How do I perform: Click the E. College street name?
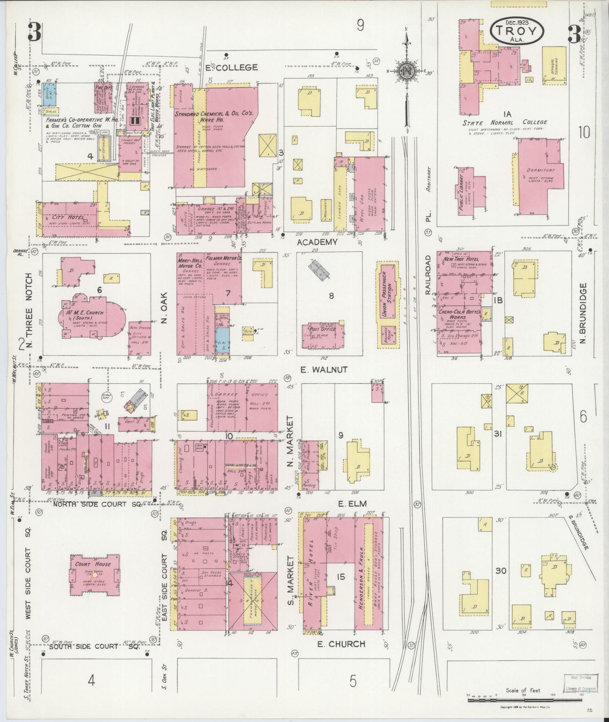coord(231,68)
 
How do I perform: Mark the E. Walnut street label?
coord(324,370)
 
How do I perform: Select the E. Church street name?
coord(341,644)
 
